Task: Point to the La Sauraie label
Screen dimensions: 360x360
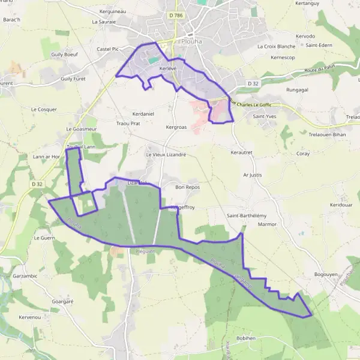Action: click(103, 21)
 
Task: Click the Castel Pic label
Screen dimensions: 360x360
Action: click(109, 49)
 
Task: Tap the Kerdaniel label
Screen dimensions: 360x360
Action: click(143, 113)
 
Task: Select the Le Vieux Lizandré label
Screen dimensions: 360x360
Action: click(166, 154)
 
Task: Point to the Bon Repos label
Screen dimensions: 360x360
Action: click(187, 187)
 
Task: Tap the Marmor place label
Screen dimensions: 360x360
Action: click(266, 224)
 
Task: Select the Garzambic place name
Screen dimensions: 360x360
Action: click(25, 276)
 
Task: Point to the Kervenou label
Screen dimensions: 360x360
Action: click(29, 316)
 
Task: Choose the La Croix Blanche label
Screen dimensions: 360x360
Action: click(276, 46)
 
